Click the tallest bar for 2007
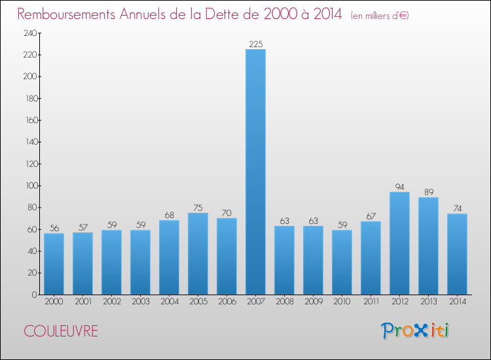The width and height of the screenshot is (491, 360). [255, 171]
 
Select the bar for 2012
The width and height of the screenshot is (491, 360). [399, 243]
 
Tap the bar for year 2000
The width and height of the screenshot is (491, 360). [54, 264]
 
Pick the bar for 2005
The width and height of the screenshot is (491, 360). [198, 253]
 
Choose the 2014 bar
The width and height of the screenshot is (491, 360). [457, 254]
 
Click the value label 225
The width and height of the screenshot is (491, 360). [255, 44]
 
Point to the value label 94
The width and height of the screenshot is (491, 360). [399, 187]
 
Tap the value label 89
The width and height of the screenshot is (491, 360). [428, 192]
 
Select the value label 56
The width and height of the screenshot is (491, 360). [54, 228]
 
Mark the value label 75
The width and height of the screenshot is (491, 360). [198, 207]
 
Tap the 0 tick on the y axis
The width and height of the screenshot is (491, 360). [33, 295]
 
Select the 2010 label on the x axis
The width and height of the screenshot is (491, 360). [342, 302]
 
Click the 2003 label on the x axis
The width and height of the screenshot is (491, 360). [140, 302]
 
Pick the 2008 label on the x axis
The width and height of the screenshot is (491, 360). [284, 302]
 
